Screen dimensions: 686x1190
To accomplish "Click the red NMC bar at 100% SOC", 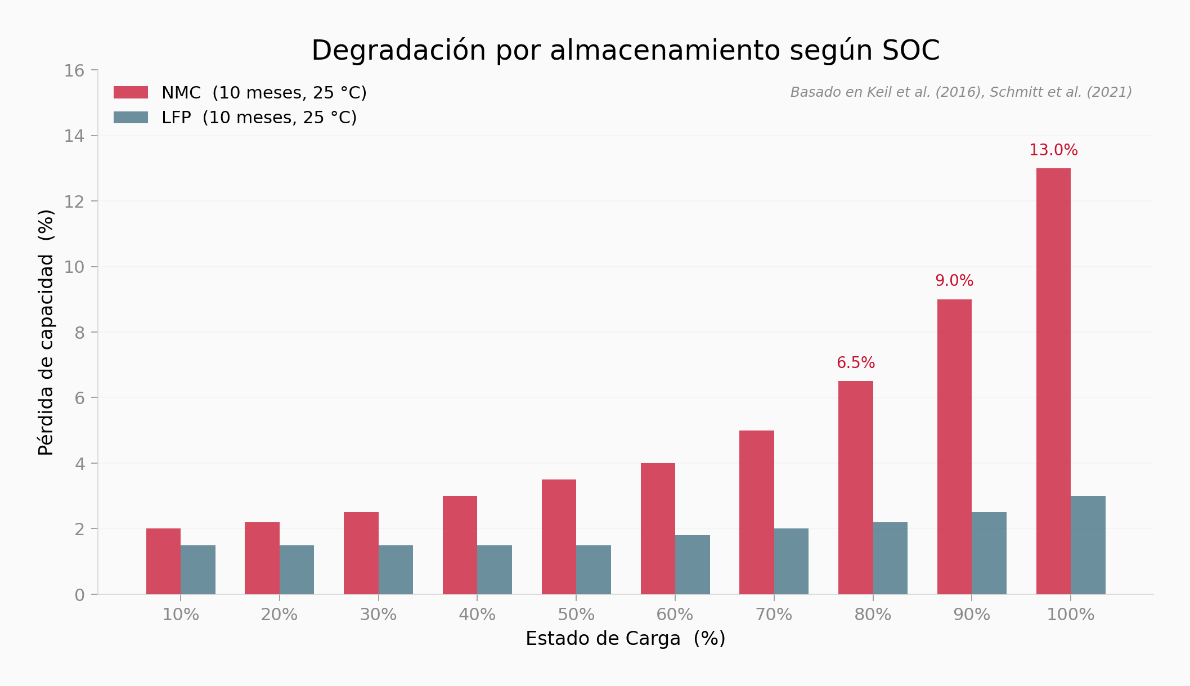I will [x=1053, y=381].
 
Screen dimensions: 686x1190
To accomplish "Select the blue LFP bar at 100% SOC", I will [x=1088, y=545].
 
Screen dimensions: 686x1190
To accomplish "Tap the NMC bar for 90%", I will [x=954, y=446].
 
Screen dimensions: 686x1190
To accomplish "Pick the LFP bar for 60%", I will [x=692, y=564].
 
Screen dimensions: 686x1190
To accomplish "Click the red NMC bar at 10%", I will [x=163, y=561].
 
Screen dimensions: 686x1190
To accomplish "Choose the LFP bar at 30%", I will [x=396, y=570].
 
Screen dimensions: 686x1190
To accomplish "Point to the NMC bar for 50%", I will [x=559, y=537].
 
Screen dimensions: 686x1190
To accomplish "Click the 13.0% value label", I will [x=1053, y=150].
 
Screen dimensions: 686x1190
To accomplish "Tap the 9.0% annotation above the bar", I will [x=954, y=281].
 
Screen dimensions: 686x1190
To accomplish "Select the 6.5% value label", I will [x=855, y=363].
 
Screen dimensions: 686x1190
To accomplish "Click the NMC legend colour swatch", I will [x=131, y=93].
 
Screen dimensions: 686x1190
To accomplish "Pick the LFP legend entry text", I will [x=259, y=118].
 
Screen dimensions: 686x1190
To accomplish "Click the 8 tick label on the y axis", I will [x=79, y=333].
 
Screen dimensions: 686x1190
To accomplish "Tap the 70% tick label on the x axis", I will [x=774, y=615].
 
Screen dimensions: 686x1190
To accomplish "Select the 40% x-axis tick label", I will [x=477, y=615].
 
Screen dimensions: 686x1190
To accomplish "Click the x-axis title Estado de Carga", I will [x=625, y=639].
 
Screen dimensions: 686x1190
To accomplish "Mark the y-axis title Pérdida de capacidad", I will [x=46, y=332].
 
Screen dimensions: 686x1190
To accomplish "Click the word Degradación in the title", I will [x=398, y=51].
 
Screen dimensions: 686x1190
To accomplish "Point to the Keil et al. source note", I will [x=960, y=92].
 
